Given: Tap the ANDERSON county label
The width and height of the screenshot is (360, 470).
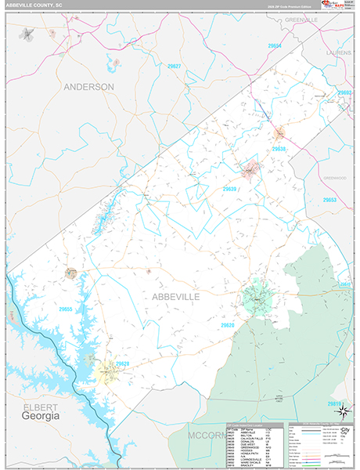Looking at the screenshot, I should (89, 86).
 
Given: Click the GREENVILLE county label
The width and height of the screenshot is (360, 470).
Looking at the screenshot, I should (301, 19).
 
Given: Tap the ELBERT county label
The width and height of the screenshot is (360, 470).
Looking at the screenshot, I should (35, 406).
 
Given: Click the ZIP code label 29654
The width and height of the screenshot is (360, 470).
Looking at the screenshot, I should (275, 46).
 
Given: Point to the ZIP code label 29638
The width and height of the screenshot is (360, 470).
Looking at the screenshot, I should (279, 149).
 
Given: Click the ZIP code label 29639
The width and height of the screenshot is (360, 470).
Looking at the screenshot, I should (229, 189).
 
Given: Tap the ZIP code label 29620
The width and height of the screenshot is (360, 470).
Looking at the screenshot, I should (228, 324).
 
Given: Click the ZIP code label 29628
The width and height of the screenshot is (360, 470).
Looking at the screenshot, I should (122, 364).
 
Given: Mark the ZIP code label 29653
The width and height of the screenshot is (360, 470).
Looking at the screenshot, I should (330, 201).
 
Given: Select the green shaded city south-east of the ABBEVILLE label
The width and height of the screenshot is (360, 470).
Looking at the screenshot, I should (255, 296).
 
